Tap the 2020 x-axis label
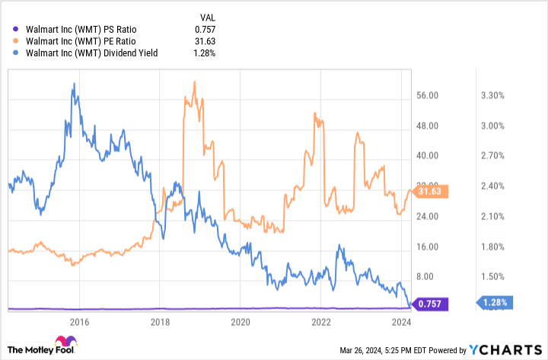click(x=241, y=322)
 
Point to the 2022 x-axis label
click(x=321, y=322)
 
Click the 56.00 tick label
click(x=430, y=96)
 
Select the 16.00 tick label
click(x=430, y=247)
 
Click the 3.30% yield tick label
click(x=492, y=96)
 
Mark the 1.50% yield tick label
click(x=492, y=277)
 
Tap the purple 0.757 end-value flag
click(x=431, y=304)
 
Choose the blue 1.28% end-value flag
click(x=495, y=303)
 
